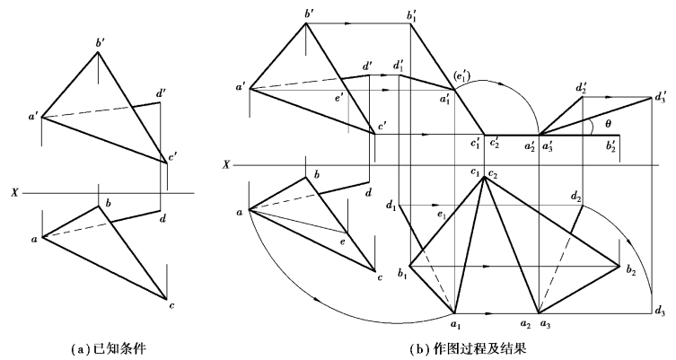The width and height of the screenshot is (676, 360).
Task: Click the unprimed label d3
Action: (661, 312)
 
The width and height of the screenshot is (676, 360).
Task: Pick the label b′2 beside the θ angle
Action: (613, 145)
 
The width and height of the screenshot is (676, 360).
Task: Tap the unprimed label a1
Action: (456, 322)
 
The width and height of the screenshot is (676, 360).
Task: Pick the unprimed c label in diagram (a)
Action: (171, 307)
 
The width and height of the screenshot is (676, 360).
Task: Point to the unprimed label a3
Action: (548, 322)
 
